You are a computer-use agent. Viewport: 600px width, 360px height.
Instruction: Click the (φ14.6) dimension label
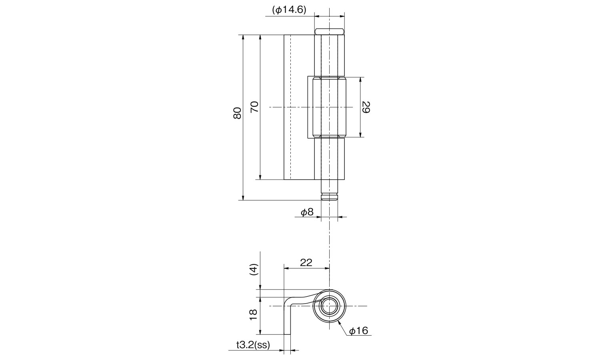tap(289, 10)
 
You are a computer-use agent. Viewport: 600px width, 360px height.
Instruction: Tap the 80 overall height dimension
tap(237, 113)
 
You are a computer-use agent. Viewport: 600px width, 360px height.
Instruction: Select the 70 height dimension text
tap(254, 107)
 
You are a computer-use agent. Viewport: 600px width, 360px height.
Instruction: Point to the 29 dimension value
tap(366, 107)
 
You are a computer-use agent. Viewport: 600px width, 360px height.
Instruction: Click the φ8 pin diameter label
tap(307, 212)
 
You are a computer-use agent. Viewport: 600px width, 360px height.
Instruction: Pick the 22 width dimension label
tap(306, 262)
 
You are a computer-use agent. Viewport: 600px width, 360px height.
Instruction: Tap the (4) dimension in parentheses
tap(253, 270)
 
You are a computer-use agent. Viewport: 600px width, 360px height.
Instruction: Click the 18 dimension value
tap(253, 314)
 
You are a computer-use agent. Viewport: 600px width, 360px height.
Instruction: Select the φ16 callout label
tap(359, 331)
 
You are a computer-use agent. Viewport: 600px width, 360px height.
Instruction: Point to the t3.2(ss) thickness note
tap(253, 345)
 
